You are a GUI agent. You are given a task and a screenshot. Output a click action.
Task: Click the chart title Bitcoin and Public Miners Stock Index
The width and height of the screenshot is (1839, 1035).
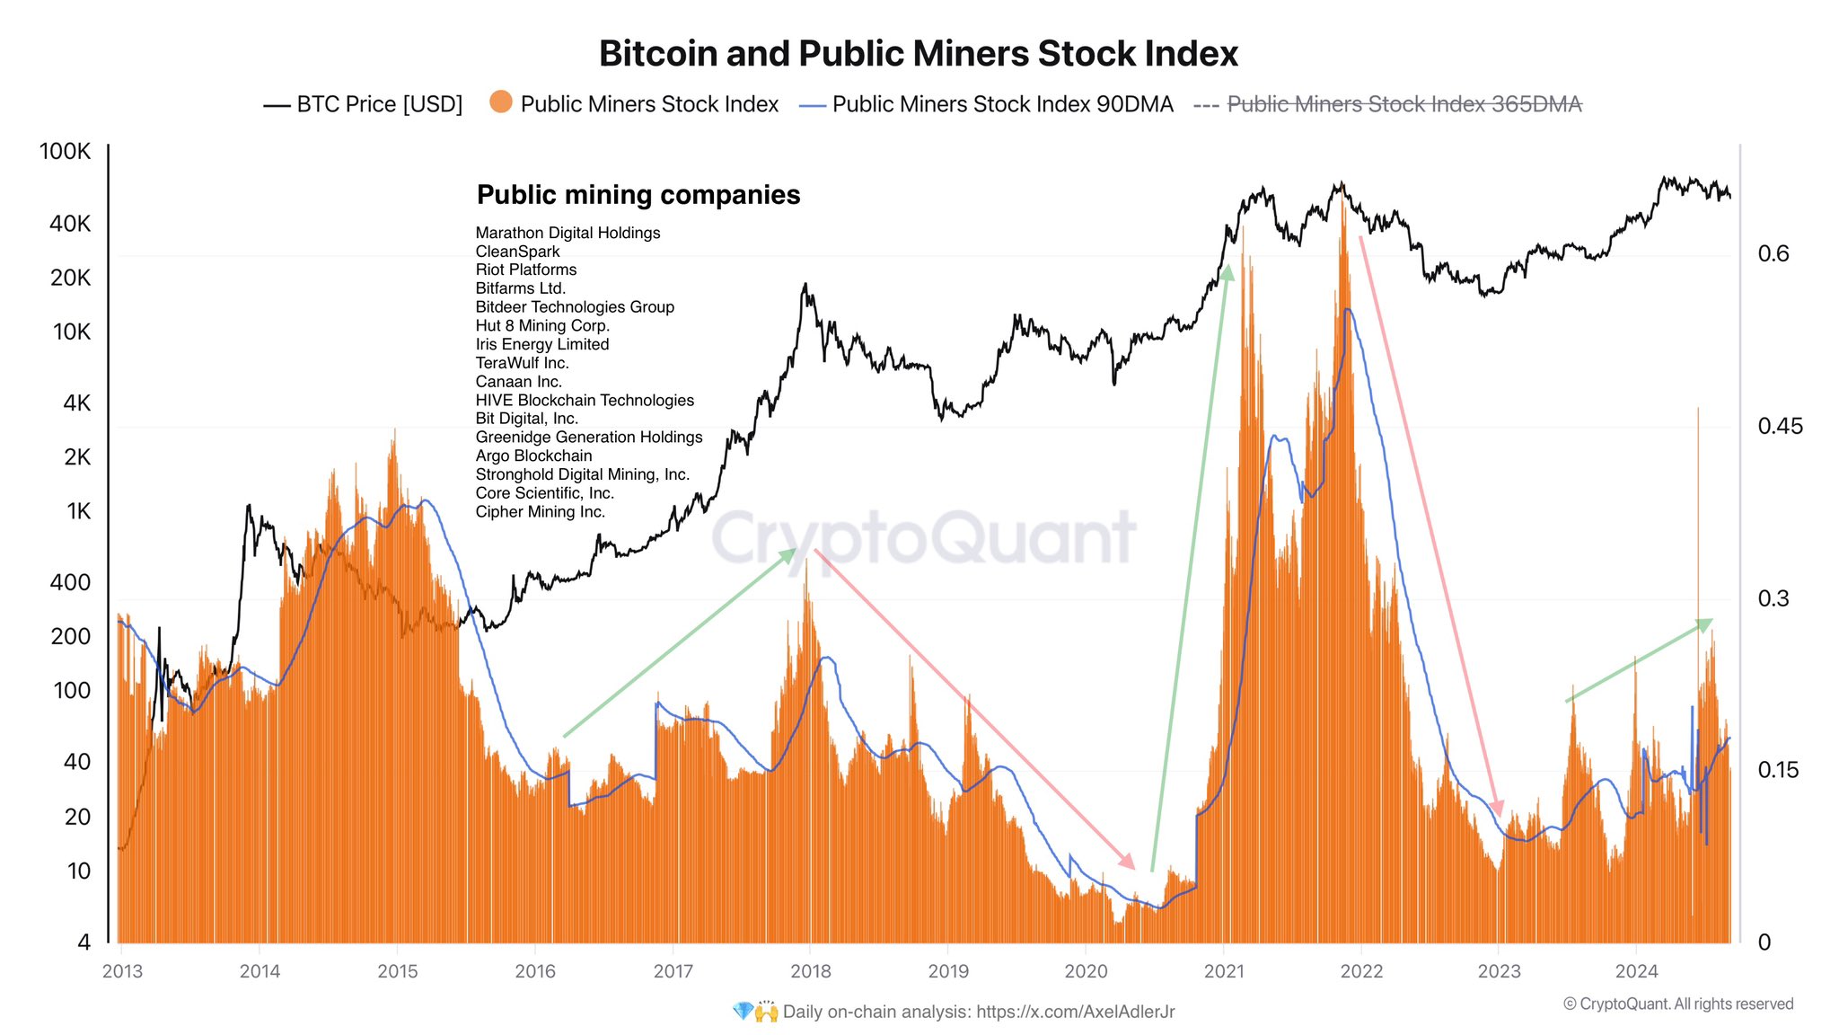pos(918,54)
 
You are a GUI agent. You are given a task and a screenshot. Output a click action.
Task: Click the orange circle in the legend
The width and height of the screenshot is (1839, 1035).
pos(501,102)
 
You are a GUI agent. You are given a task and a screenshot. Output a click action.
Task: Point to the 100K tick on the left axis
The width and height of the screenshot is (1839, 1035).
pos(65,151)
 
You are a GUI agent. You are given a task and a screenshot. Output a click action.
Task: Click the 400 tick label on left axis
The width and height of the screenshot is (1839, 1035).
pos(70,582)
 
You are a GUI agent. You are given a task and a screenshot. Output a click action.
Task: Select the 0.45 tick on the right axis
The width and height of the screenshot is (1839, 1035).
pos(1779,426)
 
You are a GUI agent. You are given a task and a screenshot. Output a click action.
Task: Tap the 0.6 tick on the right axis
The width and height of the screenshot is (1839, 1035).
pos(1773,253)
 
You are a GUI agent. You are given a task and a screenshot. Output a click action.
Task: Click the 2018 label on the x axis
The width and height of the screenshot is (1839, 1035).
pos(810,971)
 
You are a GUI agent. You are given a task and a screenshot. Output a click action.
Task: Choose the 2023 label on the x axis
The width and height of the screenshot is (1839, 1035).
pos(1499,971)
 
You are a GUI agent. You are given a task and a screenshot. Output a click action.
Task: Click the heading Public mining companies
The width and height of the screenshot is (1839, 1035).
pos(638,195)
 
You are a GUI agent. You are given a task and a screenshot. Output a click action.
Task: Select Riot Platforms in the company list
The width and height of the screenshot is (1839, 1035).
pos(526,270)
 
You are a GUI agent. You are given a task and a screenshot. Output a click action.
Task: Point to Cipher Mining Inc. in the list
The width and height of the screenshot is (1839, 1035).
pos(540,512)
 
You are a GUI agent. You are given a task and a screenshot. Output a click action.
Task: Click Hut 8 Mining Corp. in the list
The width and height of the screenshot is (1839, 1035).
pos(542,326)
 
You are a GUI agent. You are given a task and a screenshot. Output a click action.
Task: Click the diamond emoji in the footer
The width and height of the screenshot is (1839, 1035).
pos(743,1012)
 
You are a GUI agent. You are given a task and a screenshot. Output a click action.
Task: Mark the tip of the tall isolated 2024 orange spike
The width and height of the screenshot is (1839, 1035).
pos(1698,409)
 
